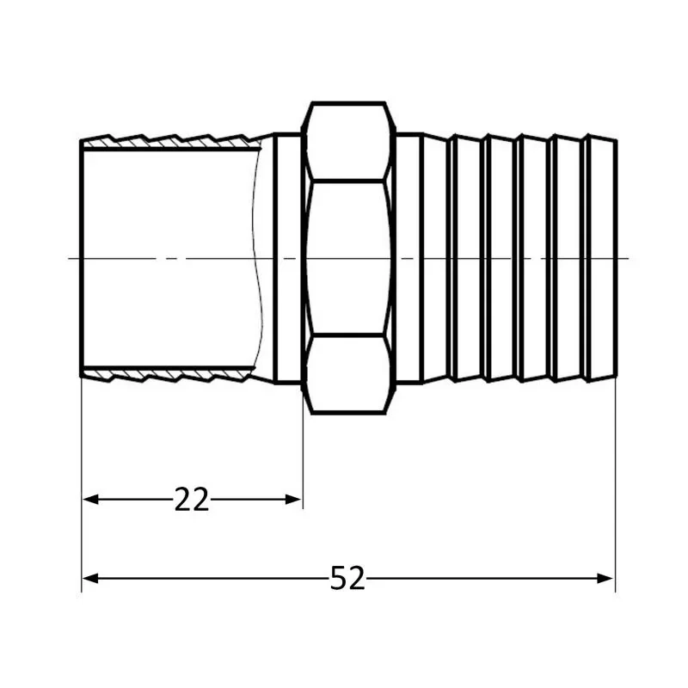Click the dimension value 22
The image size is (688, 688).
pos(191,500)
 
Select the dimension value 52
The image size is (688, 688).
pos(347,579)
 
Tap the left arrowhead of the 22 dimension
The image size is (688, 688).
pos(90,499)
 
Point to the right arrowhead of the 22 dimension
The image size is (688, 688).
pos(294,499)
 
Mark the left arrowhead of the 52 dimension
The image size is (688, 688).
pos(90,578)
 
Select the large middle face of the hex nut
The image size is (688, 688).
pos(348,258)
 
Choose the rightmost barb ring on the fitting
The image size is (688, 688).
pos(601,258)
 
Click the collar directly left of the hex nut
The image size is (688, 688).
pos(288,258)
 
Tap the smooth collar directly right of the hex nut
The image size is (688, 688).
pos(408,258)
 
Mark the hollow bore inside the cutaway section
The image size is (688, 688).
pos(172,215)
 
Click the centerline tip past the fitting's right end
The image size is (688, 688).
pos(625,258)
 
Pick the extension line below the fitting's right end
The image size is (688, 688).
pos(616,482)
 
